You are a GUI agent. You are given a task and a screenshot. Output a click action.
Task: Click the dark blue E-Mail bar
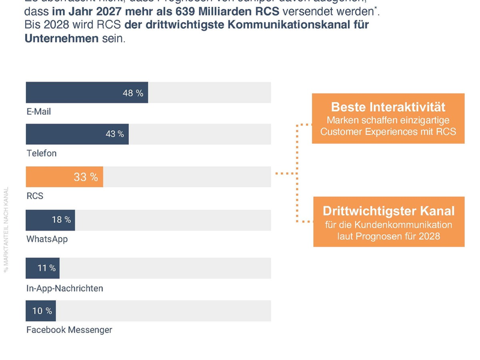(x=86, y=93)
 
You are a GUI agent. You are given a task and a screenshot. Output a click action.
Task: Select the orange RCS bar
(x=64, y=177)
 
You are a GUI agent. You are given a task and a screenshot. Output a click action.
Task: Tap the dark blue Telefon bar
(x=77, y=134)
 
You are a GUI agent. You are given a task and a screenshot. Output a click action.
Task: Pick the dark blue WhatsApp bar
(x=50, y=220)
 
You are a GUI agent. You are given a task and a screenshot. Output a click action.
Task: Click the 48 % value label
(x=133, y=93)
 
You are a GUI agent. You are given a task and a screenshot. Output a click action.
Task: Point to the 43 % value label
(x=115, y=134)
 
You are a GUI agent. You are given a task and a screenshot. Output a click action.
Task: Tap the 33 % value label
(x=86, y=177)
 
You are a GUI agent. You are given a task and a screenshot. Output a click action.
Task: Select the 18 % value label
(x=61, y=220)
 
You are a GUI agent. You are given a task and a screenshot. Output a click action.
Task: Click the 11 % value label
(x=46, y=268)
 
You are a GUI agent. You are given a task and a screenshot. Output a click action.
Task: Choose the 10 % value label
(x=42, y=311)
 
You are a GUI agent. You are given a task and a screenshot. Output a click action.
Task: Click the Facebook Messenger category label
(x=69, y=330)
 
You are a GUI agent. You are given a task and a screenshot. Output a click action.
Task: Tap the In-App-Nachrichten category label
(x=65, y=288)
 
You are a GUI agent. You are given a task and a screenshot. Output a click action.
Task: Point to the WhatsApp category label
(x=47, y=239)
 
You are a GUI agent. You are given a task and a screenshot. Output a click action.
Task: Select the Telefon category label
(x=41, y=154)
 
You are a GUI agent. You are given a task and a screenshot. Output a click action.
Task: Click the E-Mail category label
(x=39, y=112)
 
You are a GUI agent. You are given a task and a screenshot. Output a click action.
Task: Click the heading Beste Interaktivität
(x=388, y=107)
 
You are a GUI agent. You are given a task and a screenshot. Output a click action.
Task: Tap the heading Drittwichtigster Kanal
(x=388, y=211)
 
